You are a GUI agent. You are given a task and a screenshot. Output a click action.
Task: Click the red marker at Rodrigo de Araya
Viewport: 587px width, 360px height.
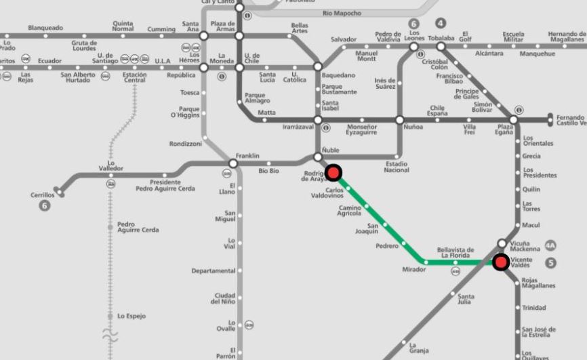pyautogui.click(x=333, y=172)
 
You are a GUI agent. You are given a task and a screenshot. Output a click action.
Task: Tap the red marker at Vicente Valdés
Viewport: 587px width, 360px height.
pyautogui.click(x=501, y=262)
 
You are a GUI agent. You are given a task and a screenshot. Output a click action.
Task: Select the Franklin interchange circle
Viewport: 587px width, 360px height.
pyautogui.click(x=233, y=163)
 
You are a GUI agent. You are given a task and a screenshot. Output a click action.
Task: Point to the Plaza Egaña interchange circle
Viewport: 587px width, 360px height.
pyautogui.click(x=513, y=120)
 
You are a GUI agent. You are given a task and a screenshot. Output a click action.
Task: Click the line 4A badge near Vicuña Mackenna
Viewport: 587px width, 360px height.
pyautogui.click(x=550, y=245)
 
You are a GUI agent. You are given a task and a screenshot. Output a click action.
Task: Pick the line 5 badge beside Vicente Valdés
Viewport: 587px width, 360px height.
pyautogui.click(x=550, y=263)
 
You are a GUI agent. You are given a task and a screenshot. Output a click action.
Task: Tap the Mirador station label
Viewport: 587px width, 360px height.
pyautogui.click(x=413, y=270)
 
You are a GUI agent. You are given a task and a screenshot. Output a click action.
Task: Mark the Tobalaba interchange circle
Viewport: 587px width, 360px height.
pyautogui.click(x=441, y=47)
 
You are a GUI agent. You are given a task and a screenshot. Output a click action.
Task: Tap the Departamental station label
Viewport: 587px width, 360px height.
pyautogui.click(x=213, y=271)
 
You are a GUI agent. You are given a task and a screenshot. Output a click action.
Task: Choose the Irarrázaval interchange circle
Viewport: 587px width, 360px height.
pyautogui.click(x=317, y=120)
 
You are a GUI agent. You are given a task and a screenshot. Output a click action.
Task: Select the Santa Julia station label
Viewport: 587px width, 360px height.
pyautogui.click(x=466, y=299)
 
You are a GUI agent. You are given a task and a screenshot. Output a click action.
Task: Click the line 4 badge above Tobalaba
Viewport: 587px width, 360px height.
pyautogui.click(x=441, y=24)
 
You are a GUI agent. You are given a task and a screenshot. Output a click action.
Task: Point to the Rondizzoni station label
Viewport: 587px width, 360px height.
pyautogui.click(x=185, y=144)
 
